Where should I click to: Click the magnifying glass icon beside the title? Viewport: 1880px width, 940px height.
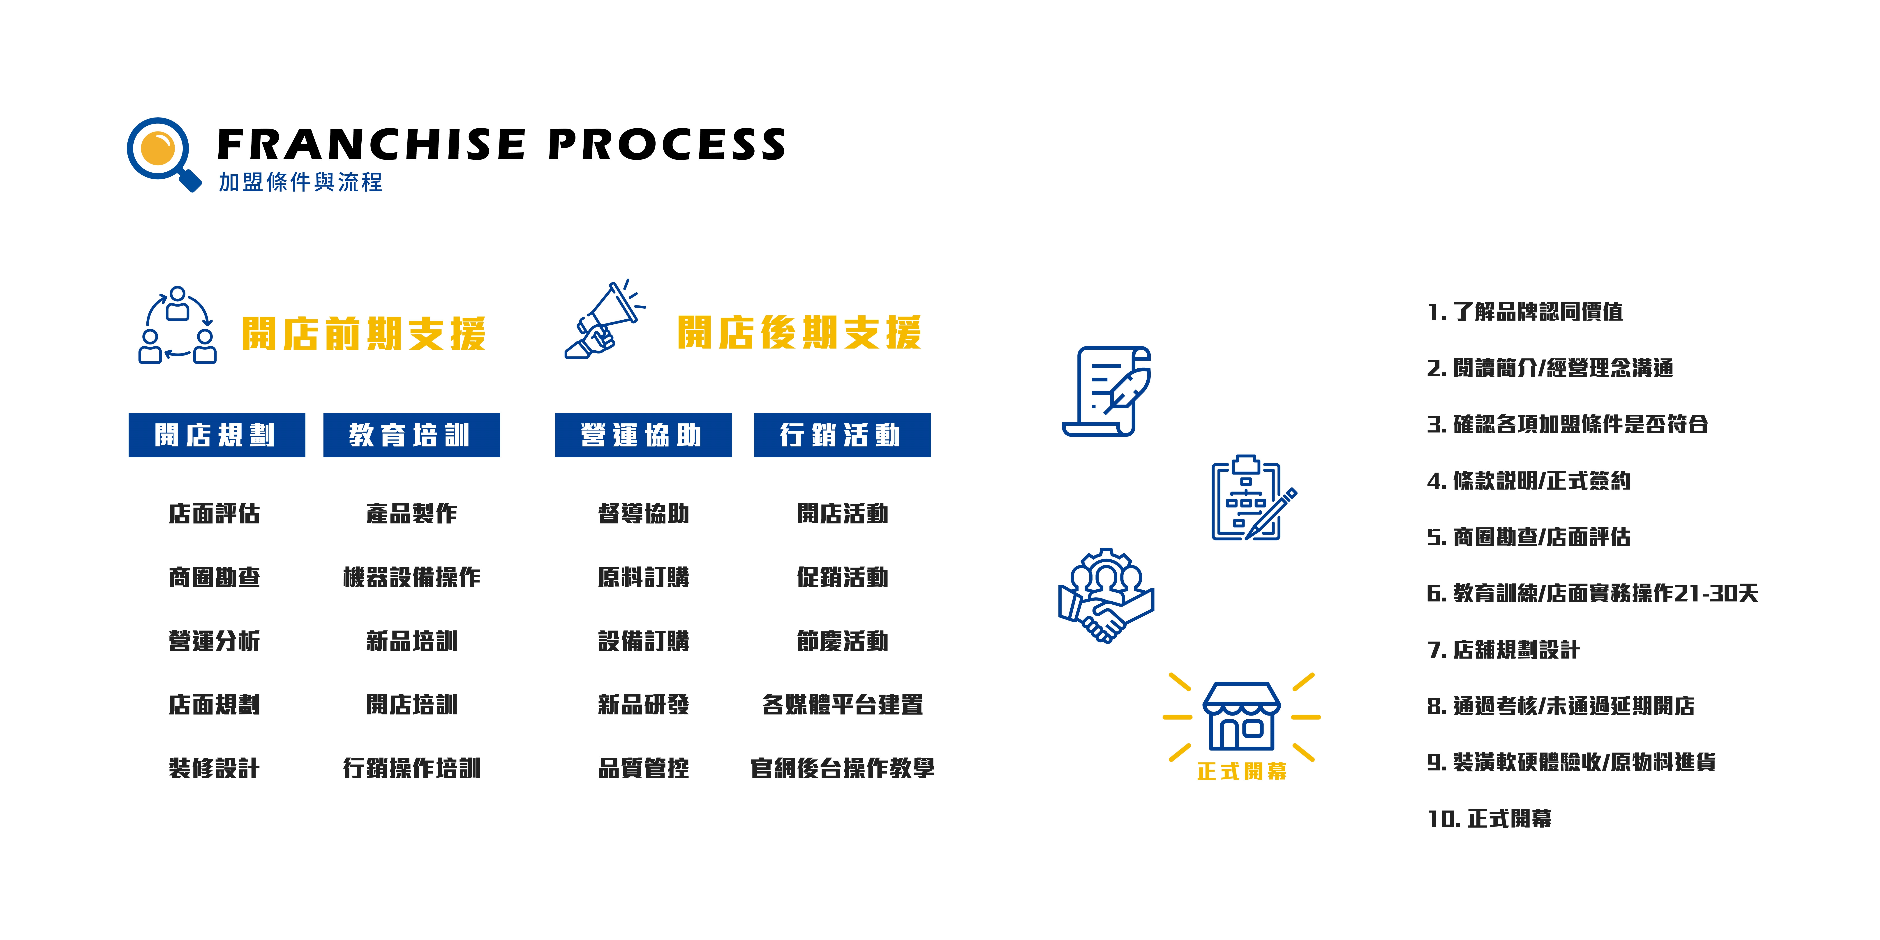tap(162, 153)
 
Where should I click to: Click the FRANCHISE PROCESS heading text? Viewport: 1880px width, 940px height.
tap(501, 144)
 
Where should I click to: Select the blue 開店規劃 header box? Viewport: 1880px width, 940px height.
tap(217, 435)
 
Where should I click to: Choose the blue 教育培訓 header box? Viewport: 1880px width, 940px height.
tap(412, 435)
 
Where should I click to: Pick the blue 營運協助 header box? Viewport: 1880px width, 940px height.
tap(643, 435)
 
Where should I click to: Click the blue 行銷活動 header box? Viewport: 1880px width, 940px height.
tap(842, 435)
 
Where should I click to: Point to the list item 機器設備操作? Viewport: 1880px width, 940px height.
tap(412, 577)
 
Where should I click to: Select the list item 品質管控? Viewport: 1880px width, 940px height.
tap(643, 768)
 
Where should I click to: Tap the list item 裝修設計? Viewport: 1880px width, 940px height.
tap(214, 768)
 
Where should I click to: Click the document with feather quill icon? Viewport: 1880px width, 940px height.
tap(1106, 391)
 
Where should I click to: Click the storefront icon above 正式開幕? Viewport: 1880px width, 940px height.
tap(1241, 716)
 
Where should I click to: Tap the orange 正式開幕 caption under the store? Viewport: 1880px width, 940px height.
tap(1241, 771)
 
